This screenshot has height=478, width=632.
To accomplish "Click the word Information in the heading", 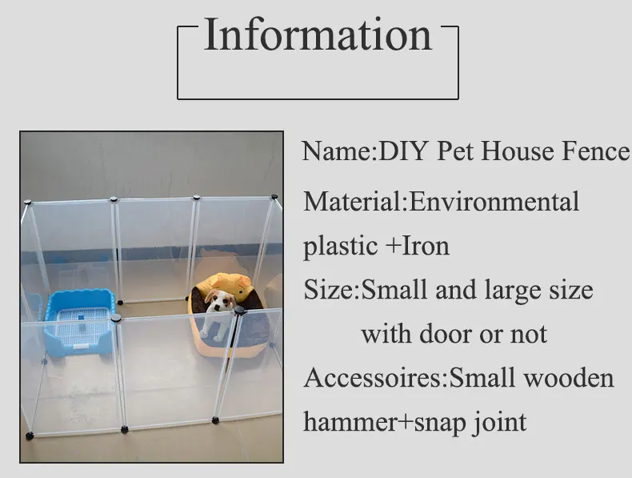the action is tap(318, 35).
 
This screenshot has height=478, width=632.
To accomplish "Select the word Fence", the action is tap(595, 151).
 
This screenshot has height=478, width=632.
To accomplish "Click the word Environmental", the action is tap(494, 201).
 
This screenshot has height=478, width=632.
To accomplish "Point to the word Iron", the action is tap(426, 246).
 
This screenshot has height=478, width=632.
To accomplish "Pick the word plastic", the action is tap(341, 247).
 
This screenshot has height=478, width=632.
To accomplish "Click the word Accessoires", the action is tap(374, 378).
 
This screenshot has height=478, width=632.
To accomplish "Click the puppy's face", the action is tap(217, 300).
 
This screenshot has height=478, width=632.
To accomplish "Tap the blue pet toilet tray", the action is tap(79, 322).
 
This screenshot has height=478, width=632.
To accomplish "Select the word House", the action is tap(518, 151).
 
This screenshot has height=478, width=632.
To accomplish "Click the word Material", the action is tap(353, 201).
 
